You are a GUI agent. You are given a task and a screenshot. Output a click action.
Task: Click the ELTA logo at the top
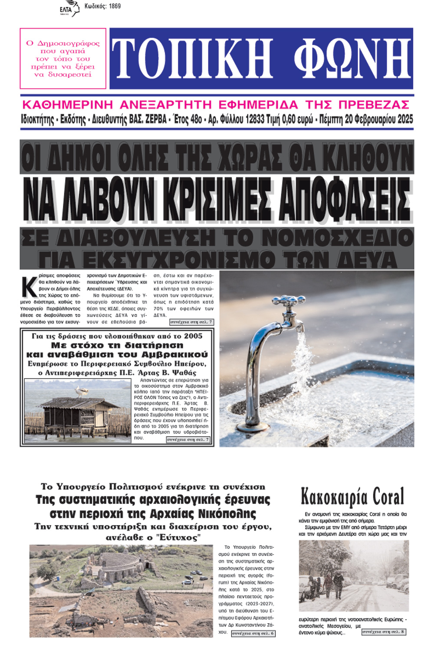69,9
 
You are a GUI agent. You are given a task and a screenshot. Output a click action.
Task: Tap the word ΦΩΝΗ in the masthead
352,59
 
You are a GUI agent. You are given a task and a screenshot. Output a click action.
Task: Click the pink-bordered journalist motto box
63,59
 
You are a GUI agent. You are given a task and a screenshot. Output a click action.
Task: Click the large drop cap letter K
29,287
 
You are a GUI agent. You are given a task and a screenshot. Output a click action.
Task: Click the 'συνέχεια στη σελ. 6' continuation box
253,634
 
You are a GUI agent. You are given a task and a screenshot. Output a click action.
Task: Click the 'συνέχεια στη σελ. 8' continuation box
384,632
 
